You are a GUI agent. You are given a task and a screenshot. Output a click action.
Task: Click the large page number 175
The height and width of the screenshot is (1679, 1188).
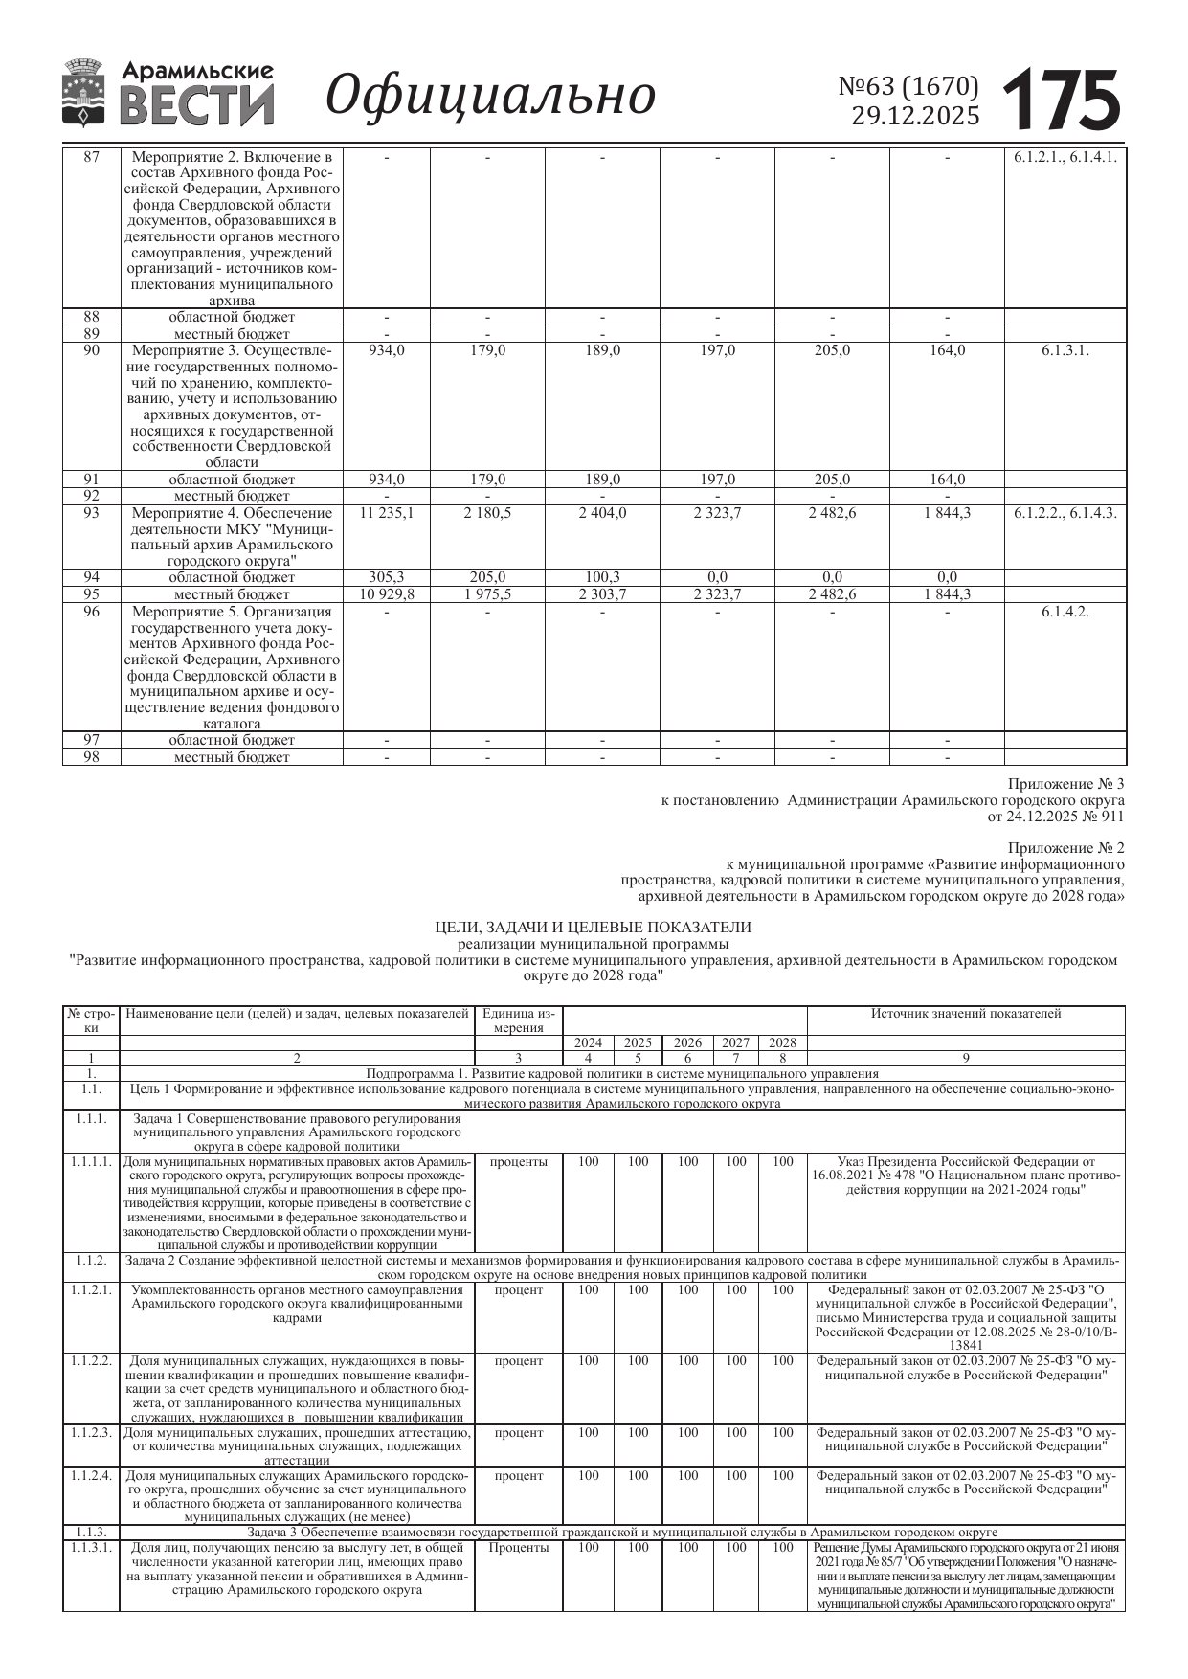[1062, 99]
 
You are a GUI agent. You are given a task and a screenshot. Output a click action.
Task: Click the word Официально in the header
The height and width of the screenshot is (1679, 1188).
[491, 96]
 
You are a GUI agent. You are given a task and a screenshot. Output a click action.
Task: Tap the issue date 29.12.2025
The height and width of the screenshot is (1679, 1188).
[915, 117]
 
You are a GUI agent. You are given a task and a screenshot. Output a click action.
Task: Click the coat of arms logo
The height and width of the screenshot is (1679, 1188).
[83, 93]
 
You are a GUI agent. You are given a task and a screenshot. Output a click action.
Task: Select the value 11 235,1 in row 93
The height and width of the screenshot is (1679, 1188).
[387, 513]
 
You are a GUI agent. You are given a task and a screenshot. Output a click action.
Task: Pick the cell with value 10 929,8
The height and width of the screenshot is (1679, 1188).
[387, 594]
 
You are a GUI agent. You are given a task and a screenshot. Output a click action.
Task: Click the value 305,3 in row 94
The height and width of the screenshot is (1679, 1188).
[387, 577]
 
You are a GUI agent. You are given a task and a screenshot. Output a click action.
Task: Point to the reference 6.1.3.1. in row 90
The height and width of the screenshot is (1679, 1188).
[1065, 350]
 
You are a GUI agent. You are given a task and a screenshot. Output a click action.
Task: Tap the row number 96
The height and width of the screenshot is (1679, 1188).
[92, 612]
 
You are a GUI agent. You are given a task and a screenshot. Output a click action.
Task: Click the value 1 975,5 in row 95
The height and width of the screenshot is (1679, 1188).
[487, 594]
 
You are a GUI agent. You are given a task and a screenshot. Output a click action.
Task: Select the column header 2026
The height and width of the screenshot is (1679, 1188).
[687, 1042]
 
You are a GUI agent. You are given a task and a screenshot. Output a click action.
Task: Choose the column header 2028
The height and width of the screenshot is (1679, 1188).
[783, 1042]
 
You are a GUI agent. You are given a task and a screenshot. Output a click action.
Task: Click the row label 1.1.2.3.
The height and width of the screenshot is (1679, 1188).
[92, 1433]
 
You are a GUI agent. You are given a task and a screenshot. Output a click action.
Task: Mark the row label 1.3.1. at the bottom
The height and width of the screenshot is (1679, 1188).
[92, 1548]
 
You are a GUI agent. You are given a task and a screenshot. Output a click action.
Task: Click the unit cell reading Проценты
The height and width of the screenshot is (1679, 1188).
[519, 1548]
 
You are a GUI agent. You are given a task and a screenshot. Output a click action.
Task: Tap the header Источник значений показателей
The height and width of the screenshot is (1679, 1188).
[965, 1014]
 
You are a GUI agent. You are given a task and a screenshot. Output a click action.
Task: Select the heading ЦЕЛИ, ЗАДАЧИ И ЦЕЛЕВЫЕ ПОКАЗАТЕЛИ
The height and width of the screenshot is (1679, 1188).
[594, 927]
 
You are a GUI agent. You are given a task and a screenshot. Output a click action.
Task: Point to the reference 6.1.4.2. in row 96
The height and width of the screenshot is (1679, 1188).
[1065, 612]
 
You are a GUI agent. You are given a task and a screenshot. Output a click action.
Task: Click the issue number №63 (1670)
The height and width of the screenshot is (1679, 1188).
[908, 87]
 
